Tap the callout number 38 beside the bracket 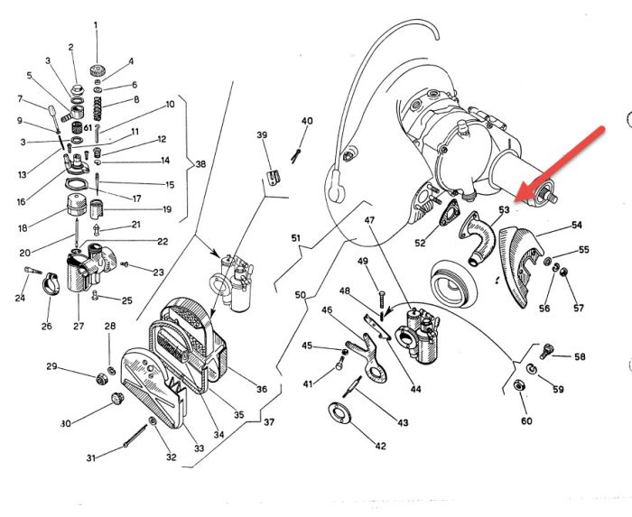point(200,164)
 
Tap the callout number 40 point(307,121)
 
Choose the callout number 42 point(380,446)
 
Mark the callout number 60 point(525,421)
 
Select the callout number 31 point(91,458)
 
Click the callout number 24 point(20,298)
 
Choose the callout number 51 point(295,238)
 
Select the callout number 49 point(363,262)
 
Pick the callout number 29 point(52,366)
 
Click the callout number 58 point(580,357)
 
